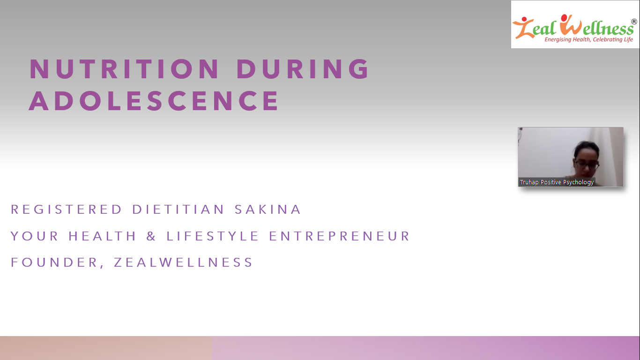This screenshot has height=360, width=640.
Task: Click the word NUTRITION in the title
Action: click(124, 69)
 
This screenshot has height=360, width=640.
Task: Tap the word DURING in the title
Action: click(303, 69)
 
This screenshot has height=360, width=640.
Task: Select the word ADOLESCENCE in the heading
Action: click(153, 101)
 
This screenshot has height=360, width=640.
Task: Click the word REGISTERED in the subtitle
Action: click(66, 210)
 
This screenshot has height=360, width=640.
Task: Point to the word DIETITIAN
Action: click(179, 210)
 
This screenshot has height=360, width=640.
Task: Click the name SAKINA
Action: click(268, 210)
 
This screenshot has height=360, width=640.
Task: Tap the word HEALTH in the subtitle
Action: click(102, 236)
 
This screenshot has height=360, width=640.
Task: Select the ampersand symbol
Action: click(151, 236)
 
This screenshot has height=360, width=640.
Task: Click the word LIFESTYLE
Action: click(212, 236)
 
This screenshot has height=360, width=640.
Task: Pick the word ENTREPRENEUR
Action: click(339, 236)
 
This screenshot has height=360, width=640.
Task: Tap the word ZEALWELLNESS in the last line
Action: click(183, 262)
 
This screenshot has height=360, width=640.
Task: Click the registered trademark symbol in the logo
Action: click(634, 22)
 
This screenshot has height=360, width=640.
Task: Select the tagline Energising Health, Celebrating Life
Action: click(588, 39)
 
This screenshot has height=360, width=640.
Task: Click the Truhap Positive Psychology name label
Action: click(557, 182)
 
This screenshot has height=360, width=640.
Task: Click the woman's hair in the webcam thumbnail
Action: click(586, 149)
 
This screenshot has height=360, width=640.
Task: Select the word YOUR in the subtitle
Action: click(34, 236)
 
